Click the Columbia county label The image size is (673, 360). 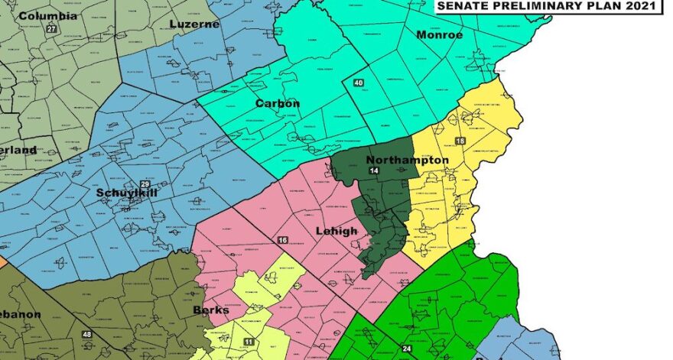pos(47,15)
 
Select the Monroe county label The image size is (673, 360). pos(437,35)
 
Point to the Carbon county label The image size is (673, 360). pos(277,103)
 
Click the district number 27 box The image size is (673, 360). pos(51,29)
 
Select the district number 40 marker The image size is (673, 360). pos(358,83)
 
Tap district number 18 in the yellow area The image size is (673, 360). pos(460,141)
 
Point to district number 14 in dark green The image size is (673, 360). pos(374,171)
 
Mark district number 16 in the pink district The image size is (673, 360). pos(282,241)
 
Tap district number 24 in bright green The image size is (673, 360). pos(406,349)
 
